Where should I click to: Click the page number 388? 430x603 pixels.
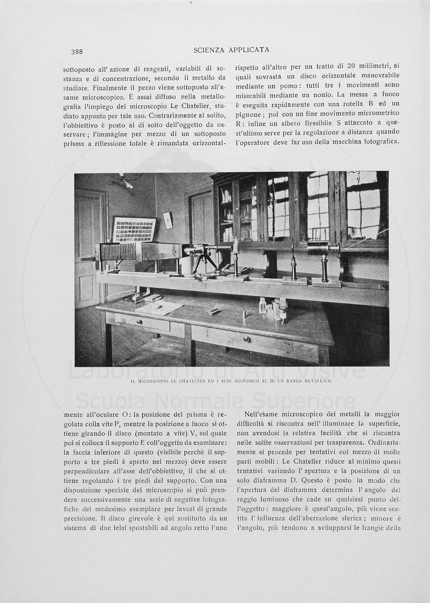click(x=77, y=51)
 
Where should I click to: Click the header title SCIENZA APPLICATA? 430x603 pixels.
click(x=231, y=50)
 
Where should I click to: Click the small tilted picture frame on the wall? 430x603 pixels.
click(x=168, y=220)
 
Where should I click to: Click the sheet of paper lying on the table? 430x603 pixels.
click(x=159, y=307)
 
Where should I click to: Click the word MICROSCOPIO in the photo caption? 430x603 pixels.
click(x=152, y=381)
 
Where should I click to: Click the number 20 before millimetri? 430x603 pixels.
click(x=351, y=66)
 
